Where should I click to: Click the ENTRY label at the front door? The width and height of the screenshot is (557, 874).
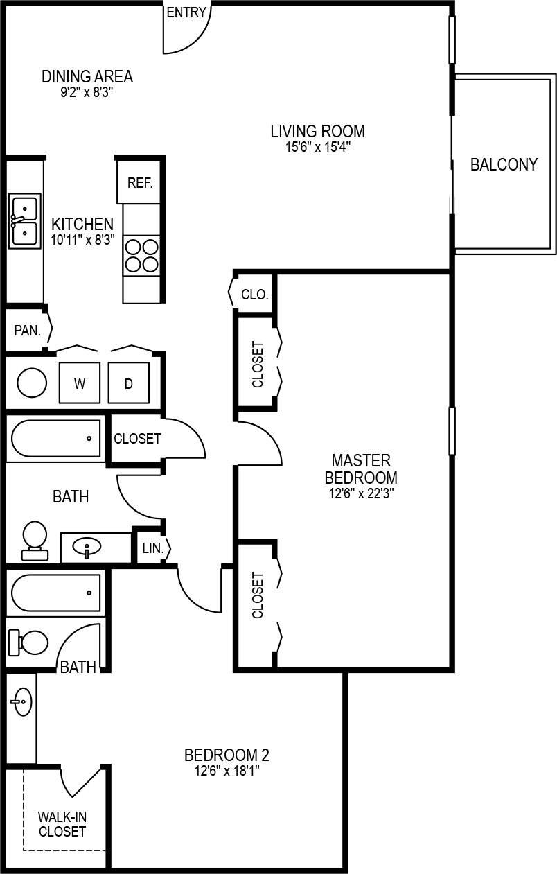coord(186,12)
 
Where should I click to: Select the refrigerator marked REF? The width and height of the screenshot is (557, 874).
coord(139,183)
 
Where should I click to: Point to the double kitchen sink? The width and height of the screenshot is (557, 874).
coord(24,221)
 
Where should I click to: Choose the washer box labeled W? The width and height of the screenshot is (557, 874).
coord(80,383)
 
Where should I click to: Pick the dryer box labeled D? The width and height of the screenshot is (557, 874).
coord(128,383)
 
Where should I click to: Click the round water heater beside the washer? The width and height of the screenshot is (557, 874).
coord(32,383)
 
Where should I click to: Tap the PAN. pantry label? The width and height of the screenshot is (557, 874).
coord(28,330)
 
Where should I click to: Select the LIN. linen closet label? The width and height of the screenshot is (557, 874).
coord(152,548)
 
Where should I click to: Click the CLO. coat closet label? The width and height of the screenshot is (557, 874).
coord(254,294)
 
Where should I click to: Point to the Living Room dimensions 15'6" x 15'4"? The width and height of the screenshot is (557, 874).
coord(317,146)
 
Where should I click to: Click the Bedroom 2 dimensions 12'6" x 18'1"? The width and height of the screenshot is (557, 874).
coord(226,770)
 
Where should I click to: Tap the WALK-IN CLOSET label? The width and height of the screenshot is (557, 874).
coord(62,824)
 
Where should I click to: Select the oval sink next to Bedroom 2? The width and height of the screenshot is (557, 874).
coord(22,701)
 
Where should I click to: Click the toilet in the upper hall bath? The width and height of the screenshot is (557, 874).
coord(35,540)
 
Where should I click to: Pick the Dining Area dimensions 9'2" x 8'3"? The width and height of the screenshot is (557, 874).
coord(87,91)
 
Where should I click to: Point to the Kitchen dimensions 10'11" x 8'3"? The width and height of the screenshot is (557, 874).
coord(82,240)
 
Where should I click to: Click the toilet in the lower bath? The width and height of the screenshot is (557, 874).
coord(29,643)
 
